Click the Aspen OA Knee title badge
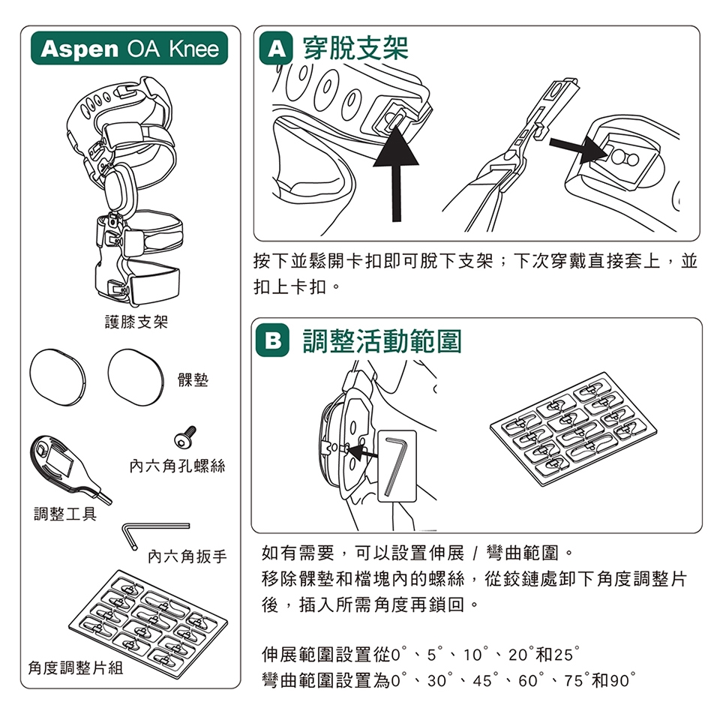(129, 48)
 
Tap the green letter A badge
(276, 48)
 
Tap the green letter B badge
(273, 340)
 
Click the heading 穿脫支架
(355, 47)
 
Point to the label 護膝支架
(136, 322)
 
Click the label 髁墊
(193, 379)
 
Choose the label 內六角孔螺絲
(177, 466)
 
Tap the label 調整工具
(65, 514)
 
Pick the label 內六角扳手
(187, 556)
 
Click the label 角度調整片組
(76, 667)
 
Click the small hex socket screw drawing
(185, 436)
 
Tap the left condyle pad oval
(58, 377)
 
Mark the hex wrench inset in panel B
(397, 466)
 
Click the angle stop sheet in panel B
(574, 429)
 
